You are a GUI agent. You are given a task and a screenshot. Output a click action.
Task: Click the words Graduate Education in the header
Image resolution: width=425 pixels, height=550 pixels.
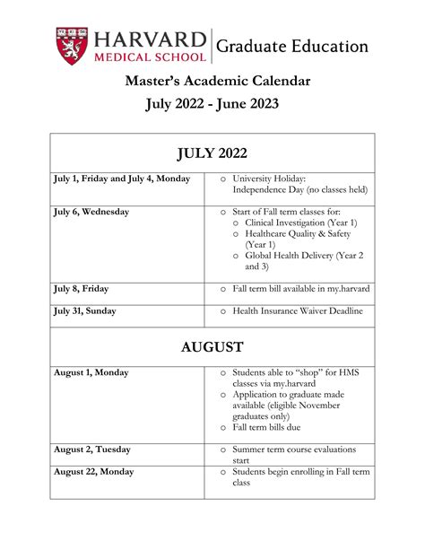click(292, 46)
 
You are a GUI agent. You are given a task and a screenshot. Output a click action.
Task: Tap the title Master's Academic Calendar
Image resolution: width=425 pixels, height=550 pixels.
click(212, 81)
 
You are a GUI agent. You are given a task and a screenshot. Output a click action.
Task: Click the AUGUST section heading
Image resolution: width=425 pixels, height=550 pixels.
click(212, 345)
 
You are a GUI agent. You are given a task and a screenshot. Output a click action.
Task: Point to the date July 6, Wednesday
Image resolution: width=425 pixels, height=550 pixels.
click(91, 212)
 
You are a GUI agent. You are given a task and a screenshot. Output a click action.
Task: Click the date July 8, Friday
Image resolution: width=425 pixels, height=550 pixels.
click(80, 289)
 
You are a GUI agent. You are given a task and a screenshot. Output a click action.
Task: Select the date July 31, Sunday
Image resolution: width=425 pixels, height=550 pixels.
click(83, 311)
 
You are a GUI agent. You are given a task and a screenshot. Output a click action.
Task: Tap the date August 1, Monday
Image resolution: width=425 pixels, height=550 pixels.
click(91, 372)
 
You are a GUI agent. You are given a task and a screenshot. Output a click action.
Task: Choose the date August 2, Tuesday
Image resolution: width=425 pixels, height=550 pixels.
click(92, 450)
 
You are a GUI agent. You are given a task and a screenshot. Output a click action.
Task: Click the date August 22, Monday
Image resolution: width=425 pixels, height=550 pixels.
click(94, 472)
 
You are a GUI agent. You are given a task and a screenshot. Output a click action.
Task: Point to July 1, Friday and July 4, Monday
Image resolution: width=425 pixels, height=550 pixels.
click(122, 179)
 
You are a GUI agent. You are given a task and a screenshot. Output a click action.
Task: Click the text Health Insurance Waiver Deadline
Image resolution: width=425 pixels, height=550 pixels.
click(298, 311)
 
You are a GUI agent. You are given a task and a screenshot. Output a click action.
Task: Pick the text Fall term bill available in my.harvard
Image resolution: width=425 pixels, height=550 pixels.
click(301, 289)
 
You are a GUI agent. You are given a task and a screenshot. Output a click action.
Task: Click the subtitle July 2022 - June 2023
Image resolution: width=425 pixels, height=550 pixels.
click(212, 105)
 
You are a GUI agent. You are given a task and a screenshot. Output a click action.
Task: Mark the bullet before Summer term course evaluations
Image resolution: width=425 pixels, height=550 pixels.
click(223, 450)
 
